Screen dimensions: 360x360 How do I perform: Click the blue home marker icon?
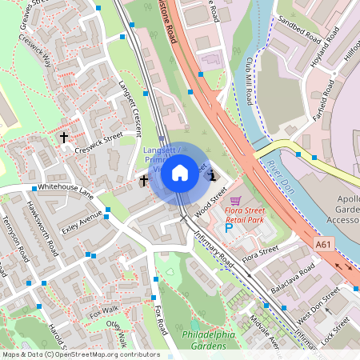(180, 172)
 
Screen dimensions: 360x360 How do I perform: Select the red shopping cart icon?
(234, 200)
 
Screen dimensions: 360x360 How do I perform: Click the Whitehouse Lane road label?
(66, 190)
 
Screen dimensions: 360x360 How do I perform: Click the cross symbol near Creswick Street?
(63, 138)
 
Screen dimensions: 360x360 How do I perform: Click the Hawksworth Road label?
(42, 228)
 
